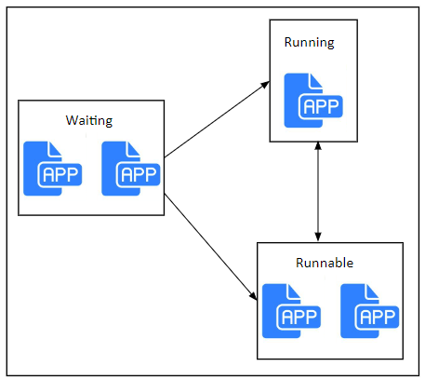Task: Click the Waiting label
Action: click(x=89, y=120)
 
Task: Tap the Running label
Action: click(x=310, y=43)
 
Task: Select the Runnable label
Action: click(x=325, y=263)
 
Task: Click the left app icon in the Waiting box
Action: click(x=53, y=169)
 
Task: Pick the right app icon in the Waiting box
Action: click(x=131, y=169)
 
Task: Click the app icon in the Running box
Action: click(x=313, y=101)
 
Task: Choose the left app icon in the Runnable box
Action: click(x=291, y=311)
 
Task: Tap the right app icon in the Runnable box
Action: click(x=369, y=311)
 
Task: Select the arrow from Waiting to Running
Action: click(x=217, y=119)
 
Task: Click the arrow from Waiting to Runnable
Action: click(x=211, y=247)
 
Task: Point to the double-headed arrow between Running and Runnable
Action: click(x=318, y=192)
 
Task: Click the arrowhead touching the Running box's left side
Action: click(x=265, y=85)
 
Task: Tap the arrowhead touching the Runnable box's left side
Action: click(x=253, y=296)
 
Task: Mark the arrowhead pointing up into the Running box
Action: click(x=318, y=146)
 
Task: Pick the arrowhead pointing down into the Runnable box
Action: click(x=318, y=237)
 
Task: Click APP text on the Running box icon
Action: click(x=321, y=107)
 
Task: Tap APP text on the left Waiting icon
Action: click(x=60, y=175)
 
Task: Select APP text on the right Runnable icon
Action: click(x=377, y=318)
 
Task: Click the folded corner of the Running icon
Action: click(x=315, y=80)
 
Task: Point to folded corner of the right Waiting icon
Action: click(x=133, y=149)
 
